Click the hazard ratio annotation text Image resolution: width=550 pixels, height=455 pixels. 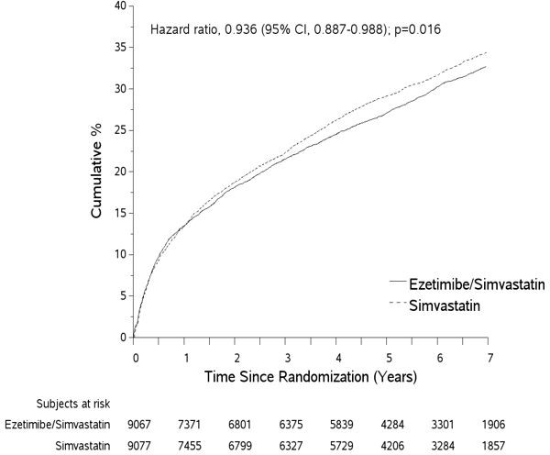pyautogui.click(x=296, y=29)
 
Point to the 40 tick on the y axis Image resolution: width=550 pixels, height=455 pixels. pyautogui.click(x=121, y=6)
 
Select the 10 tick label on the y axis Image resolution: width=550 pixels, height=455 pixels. pyautogui.click(x=121, y=255)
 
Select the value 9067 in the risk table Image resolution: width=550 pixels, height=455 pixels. pyautogui.click(x=136, y=425)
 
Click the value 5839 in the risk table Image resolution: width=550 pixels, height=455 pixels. pyautogui.click(x=338, y=425)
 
